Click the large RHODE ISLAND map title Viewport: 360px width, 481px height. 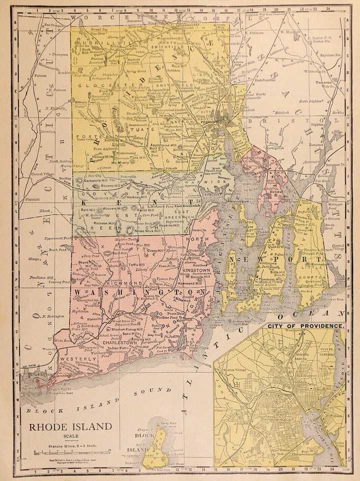pyautogui.click(x=70, y=427)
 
